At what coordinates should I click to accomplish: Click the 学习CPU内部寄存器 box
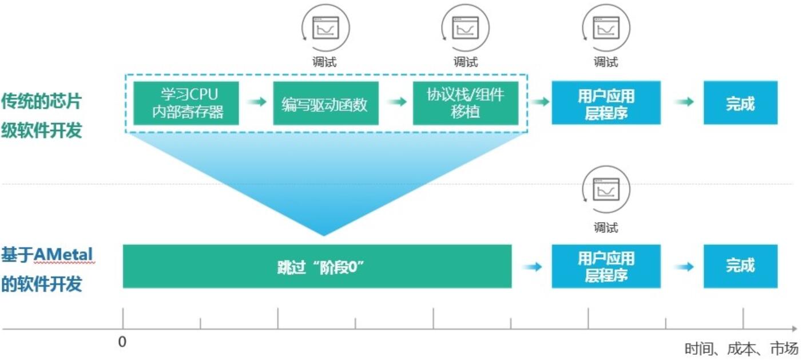(186, 103)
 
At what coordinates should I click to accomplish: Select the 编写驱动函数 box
(325, 103)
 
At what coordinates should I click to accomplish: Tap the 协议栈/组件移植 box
(465, 103)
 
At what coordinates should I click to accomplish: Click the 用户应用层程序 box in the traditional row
(606, 103)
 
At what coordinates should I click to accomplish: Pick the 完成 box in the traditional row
(740, 103)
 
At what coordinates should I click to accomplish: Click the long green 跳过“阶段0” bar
(317, 266)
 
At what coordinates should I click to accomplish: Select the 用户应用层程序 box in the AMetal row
(606, 266)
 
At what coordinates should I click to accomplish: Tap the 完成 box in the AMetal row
(740, 266)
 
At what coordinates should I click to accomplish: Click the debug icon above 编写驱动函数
(325, 27)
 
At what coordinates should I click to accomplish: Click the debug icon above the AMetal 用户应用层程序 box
(606, 189)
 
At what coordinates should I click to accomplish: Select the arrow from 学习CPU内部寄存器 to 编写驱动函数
(256, 102)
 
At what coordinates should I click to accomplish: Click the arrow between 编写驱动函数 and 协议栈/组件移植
(396, 102)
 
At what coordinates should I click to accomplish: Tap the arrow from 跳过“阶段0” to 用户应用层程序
(532, 267)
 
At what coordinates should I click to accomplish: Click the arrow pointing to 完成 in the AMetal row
(684, 267)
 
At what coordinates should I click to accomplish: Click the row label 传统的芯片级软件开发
(41, 116)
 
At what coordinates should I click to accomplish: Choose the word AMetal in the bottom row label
(64, 254)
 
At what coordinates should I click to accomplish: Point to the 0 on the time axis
(122, 342)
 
